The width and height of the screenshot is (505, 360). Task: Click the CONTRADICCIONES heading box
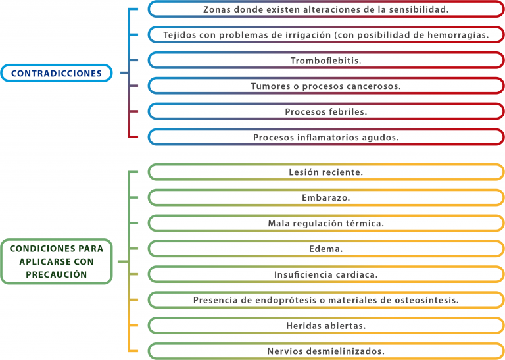click(x=57, y=73)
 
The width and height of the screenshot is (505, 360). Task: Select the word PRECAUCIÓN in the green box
click(x=57, y=274)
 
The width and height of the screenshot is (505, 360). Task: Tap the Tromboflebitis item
click(x=326, y=61)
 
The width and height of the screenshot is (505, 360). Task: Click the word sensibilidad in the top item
click(x=419, y=9)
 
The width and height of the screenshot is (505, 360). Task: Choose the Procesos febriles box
click(x=326, y=111)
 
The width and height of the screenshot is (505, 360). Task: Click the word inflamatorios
click(x=328, y=138)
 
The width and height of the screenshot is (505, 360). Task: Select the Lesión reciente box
click(x=326, y=172)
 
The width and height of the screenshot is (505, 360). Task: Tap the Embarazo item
click(x=326, y=197)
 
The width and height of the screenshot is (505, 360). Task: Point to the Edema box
click(x=326, y=249)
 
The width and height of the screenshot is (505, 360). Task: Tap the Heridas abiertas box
click(x=326, y=326)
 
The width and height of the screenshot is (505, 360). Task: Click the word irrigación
click(x=308, y=35)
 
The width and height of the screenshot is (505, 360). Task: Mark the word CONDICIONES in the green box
click(x=38, y=249)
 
